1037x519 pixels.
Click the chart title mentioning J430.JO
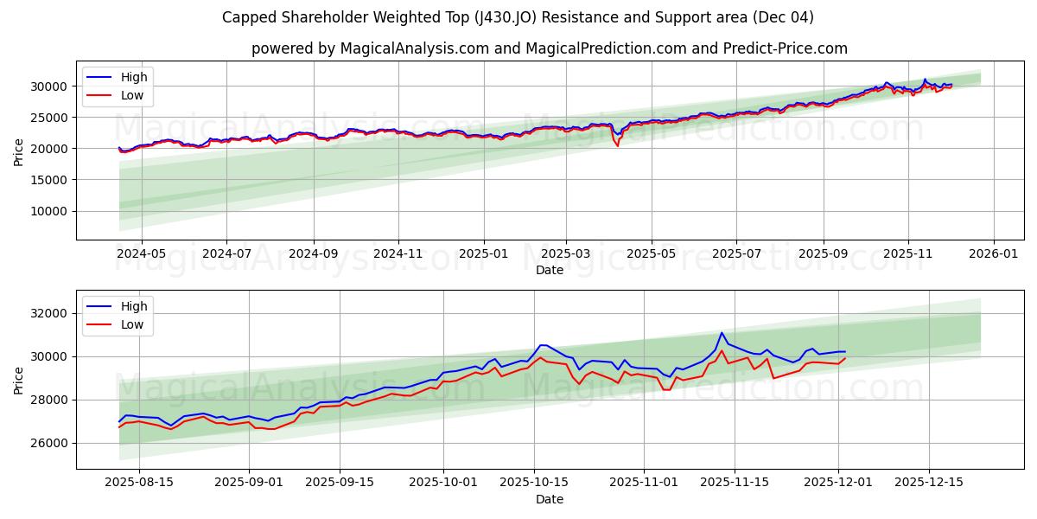point(518,17)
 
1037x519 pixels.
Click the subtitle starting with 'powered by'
point(549,48)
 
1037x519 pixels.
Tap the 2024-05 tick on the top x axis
point(141,253)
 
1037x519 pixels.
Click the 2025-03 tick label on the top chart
point(566,253)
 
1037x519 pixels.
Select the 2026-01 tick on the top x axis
point(993,253)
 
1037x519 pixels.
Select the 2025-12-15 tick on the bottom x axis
point(929,482)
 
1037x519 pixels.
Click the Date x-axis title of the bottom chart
point(549,499)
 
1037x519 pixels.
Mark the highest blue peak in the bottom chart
point(722,333)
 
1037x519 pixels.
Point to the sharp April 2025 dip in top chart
point(617,145)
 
